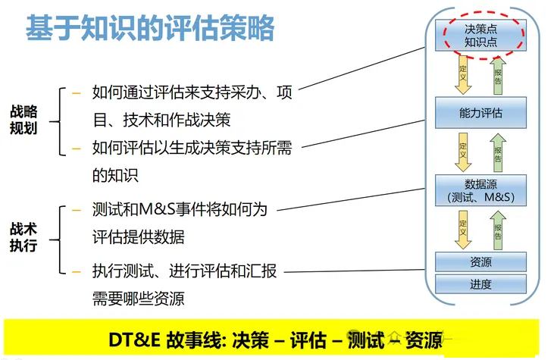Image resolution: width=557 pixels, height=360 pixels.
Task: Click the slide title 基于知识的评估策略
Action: (x=150, y=28)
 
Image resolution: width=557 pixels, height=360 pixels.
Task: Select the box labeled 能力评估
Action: (x=480, y=113)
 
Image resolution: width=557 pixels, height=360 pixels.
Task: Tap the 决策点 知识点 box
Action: (x=480, y=35)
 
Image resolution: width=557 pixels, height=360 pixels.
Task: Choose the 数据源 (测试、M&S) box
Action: (x=480, y=190)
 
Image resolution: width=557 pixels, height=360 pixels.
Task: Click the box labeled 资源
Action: (x=480, y=262)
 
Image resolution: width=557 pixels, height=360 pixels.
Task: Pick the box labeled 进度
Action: (x=480, y=284)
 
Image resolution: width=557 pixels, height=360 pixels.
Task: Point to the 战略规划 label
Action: (x=23, y=120)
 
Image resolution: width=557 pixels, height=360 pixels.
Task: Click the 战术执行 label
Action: (x=23, y=237)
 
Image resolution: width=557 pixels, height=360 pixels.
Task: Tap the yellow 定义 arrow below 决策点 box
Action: (x=463, y=74)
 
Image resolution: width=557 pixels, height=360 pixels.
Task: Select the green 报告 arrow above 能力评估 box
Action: (x=498, y=76)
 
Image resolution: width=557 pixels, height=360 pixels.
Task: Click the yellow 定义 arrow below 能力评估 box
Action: (x=463, y=152)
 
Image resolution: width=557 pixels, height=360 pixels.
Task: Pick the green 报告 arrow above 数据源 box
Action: (x=498, y=153)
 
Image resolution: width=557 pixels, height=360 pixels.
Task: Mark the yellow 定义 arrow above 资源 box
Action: (x=463, y=230)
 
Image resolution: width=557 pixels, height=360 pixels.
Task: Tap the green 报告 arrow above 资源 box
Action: (x=498, y=230)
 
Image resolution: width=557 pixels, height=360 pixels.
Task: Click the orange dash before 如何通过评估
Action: (x=77, y=93)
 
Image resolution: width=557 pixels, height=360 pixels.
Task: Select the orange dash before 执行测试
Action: (x=77, y=272)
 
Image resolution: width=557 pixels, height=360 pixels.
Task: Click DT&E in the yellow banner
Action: (x=134, y=340)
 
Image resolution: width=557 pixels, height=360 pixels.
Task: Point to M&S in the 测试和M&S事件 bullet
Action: (x=157, y=209)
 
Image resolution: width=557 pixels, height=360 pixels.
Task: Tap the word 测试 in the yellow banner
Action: (x=366, y=340)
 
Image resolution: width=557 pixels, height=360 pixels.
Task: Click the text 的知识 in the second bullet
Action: (x=115, y=175)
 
